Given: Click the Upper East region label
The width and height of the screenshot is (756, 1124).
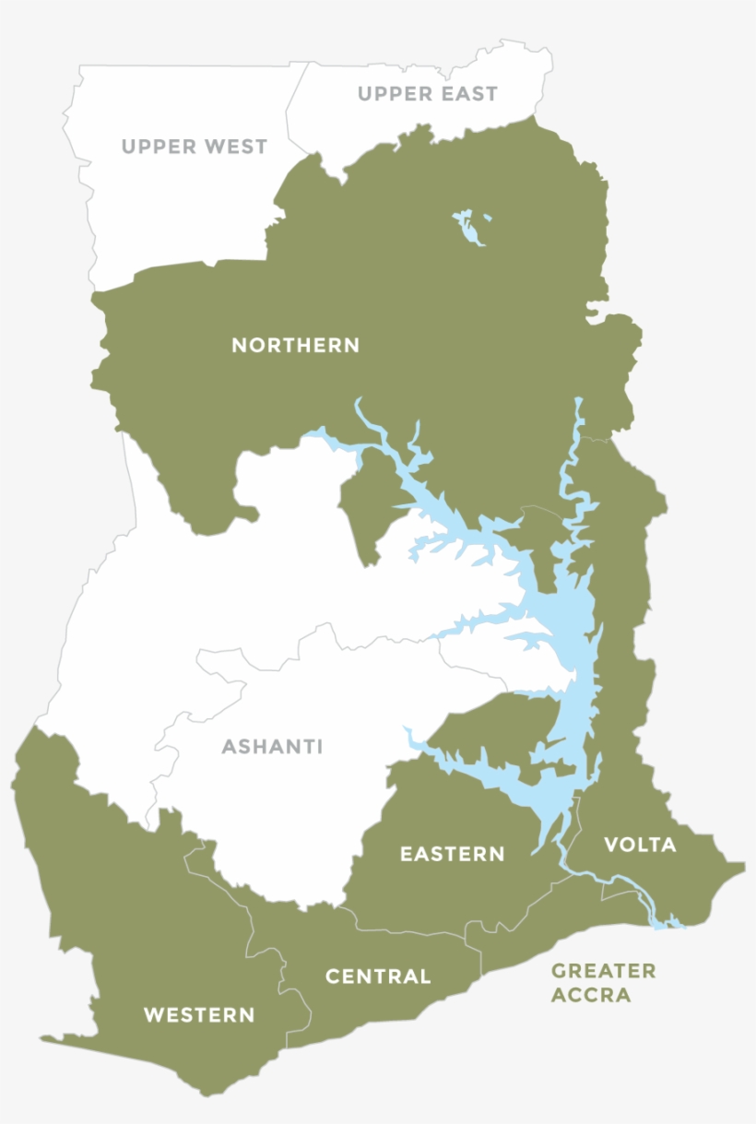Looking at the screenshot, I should (427, 94).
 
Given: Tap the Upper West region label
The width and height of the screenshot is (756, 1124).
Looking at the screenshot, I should (194, 147).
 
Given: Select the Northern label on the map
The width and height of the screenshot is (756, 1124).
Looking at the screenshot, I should (295, 346).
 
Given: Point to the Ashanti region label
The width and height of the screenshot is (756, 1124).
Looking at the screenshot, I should (272, 747).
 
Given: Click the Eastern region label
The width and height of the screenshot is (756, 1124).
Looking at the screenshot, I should (452, 855).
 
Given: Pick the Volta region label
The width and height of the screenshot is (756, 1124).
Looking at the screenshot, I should (640, 845).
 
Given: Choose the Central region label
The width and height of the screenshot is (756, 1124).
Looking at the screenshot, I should (378, 976).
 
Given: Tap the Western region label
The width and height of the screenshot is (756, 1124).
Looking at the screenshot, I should (199, 1016).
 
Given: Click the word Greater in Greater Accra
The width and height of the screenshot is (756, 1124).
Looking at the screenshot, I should (603, 971).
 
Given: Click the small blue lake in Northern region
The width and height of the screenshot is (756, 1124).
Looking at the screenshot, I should (470, 228).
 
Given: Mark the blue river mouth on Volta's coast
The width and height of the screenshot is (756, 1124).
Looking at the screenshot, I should (666, 921).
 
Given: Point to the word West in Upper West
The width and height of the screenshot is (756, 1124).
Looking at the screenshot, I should (234, 147).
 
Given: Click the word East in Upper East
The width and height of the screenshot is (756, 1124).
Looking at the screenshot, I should (468, 94).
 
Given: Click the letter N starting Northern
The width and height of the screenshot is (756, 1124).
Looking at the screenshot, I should (239, 346).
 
